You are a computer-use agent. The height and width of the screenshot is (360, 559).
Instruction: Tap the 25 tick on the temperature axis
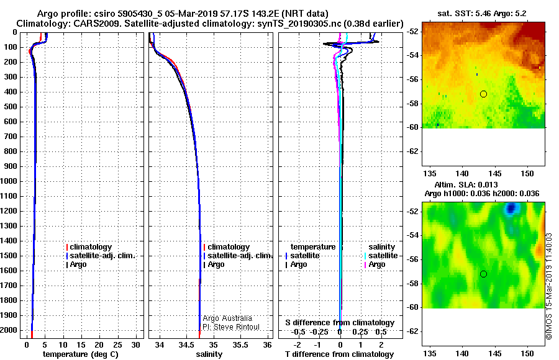point(117,345)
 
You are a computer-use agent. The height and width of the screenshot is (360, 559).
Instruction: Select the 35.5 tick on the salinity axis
point(240,345)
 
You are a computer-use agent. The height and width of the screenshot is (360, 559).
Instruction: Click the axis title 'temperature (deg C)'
point(81,354)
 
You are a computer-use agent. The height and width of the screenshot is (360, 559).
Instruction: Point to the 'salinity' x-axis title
point(209,354)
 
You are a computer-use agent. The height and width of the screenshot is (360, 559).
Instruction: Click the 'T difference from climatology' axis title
point(339,354)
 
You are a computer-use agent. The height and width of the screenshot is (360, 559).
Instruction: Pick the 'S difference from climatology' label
point(340,323)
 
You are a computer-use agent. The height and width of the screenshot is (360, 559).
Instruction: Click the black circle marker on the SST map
point(483,94)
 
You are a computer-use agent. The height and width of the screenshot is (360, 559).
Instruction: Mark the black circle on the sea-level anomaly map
point(483,274)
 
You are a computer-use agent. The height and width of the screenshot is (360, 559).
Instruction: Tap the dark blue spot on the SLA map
point(511,208)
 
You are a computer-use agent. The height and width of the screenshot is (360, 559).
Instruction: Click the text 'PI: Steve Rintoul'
point(231,327)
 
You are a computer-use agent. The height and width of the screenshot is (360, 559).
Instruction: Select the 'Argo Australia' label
point(227,318)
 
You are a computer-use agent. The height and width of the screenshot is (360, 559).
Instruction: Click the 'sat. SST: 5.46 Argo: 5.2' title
point(482,14)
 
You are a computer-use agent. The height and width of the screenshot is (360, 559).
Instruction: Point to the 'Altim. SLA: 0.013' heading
point(466,184)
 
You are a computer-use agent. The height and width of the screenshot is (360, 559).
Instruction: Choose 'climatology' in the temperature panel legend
point(91,247)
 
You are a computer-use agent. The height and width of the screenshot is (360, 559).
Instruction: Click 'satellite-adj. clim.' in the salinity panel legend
point(240,256)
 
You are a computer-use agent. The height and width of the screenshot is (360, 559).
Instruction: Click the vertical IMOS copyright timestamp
point(549,286)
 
